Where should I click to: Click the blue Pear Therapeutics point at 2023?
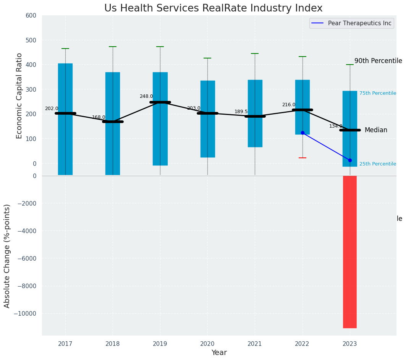(x=350, y=160)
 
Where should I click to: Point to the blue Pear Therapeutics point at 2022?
(x=302, y=133)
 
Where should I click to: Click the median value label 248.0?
(x=146, y=96)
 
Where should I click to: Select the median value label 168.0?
(x=99, y=117)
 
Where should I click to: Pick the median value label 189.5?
(x=241, y=112)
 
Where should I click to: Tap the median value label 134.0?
(x=336, y=126)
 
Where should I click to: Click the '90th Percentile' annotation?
(x=378, y=61)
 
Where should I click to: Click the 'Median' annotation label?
(x=376, y=130)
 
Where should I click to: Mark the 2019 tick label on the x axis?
(x=160, y=344)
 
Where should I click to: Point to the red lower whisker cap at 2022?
(x=302, y=158)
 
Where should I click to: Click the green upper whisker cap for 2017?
(x=65, y=49)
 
